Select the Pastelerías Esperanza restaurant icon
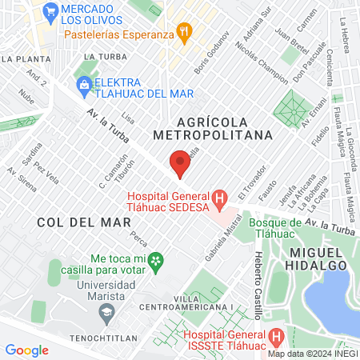pyautogui.click(x=186, y=34)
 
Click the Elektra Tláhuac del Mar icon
pyautogui.click(x=82, y=83)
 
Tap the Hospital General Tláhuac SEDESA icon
pyautogui.click(x=218, y=197)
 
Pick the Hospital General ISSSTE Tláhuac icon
pyautogui.click(x=276, y=336)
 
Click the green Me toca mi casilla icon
pyautogui.click(x=158, y=260)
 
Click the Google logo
pyautogui.click(x=26, y=350)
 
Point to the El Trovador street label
pyautogui.click(x=250, y=185)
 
